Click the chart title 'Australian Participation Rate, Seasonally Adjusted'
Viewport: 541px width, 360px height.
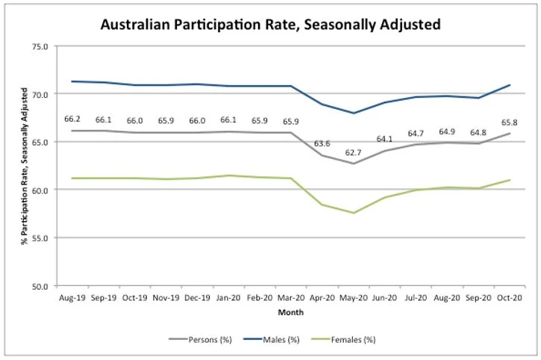(x=270, y=25)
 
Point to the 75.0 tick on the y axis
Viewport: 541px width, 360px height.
(x=39, y=46)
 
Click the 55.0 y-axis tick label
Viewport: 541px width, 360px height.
(x=39, y=238)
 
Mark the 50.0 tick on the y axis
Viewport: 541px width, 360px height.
(x=39, y=286)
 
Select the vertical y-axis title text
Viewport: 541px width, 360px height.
(x=24, y=166)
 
